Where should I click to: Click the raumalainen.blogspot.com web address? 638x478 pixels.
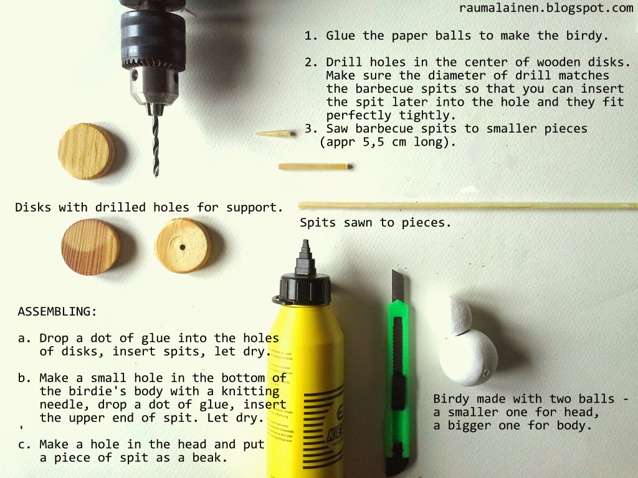point(546,8)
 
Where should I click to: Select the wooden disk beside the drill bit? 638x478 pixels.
point(87,152)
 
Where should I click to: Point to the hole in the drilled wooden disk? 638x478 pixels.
point(183,247)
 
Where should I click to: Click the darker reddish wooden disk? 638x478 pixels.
point(91,246)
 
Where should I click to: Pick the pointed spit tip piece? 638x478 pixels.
point(275,133)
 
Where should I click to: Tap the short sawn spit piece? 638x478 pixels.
point(315,166)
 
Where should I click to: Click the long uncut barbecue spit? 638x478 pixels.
point(468,206)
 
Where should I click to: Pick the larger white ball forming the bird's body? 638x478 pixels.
point(469,357)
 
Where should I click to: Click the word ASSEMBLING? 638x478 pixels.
point(57,312)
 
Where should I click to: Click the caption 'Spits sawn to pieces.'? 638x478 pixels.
point(376,223)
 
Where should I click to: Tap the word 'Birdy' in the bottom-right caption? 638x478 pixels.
point(451,399)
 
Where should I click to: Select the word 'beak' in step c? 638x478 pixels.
point(206,457)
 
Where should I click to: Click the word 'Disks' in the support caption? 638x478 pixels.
point(33,207)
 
